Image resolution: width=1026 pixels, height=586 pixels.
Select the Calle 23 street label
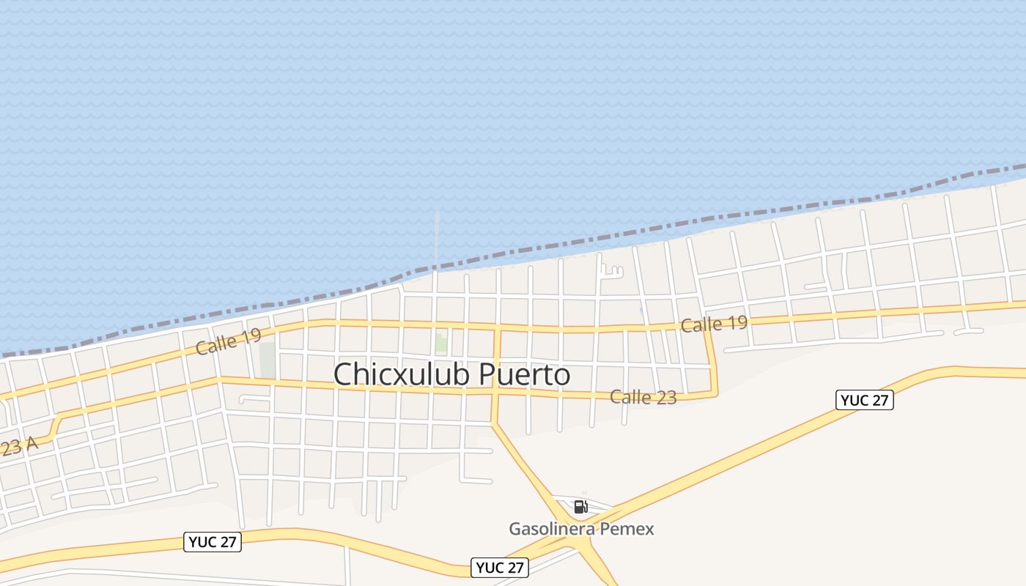click(x=643, y=398)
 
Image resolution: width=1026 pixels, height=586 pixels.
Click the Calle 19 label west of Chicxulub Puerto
click(x=228, y=342)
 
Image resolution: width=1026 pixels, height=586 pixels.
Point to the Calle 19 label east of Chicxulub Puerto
click(x=714, y=324)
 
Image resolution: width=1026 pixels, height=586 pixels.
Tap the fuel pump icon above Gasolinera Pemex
click(x=580, y=506)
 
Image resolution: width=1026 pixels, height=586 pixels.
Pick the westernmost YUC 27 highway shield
click(x=213, y=542)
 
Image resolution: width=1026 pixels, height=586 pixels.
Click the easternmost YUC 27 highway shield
click(x=865, y=400)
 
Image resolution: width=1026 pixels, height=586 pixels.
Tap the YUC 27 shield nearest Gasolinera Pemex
click(x=500, y=568)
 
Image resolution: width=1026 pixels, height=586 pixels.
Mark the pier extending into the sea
click(x=438, y=238)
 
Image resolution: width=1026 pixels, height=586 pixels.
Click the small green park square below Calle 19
click(x=441, y=341)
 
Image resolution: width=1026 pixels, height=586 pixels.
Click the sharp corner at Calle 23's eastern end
click(x=715, y=393)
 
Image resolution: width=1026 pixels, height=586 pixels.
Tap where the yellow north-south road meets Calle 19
click(x=497, y=329)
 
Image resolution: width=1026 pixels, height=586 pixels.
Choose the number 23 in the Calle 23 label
click(x=665, y=398)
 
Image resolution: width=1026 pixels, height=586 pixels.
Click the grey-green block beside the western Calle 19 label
click(x=267, y=360)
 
